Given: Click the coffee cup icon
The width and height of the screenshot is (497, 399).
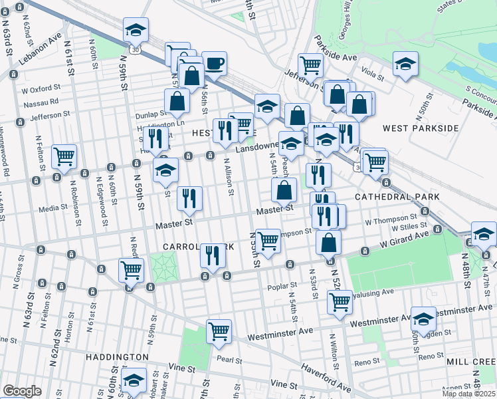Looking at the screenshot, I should click(214, 64).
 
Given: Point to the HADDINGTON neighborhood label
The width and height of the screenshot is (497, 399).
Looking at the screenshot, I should click(116, 357).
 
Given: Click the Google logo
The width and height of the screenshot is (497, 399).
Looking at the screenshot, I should click(22, 391).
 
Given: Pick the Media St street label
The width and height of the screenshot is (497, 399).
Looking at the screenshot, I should click(54, 207).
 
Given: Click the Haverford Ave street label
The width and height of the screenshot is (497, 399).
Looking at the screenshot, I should click(324, 378).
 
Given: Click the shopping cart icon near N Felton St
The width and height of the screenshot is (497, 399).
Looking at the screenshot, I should click(64, 156).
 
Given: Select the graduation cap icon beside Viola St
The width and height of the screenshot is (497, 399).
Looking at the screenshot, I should click(405, 64).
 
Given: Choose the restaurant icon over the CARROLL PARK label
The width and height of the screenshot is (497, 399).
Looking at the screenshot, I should click(213, 254).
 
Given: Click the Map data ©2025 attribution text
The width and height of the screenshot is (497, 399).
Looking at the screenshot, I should click(468, 394).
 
